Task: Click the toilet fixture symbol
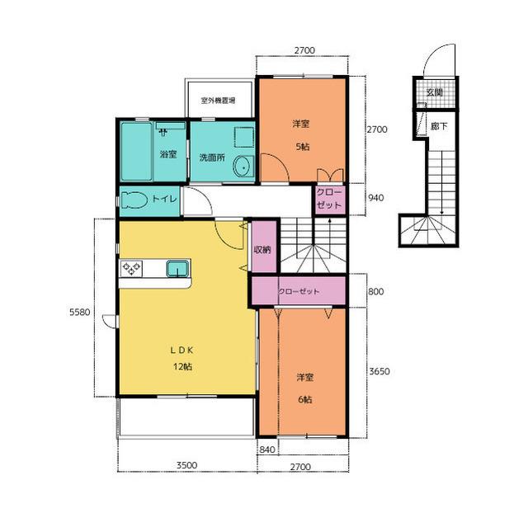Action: pyautogui.click(x=134, y=200)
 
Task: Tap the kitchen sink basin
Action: pyautogui.click(x=178, y=268)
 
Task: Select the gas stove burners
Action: pyautogui.click(x=131, y=268)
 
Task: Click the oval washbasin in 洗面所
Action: pyautogui.click(x=243, y=167)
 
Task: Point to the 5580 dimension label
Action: pyautogui.click(x=80, y=313)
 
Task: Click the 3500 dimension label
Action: pyautogui.click(x=187, y=465)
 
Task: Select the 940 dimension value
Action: pyautogui.click(x=375, y=198)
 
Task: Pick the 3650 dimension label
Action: pyautogui.click(x=379, y=371)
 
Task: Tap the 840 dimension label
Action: pyautogui.click(x=267, y=449)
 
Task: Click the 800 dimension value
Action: pyautogui.click(x=375, y=291)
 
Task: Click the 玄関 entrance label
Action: pyautogui.click(x=435, y=92)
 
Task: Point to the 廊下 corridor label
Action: pyautogui.click(x=439, y=126)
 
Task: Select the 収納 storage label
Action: pyautogui.click(x=262, y=249)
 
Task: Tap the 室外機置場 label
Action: pyautogui.click(x=218, y=101)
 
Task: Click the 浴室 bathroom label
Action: pyautogui.click(x=168, y=154)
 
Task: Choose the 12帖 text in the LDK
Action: pyautogui.click(x=183, y=366)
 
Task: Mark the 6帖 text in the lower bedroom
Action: pyautogui.click(x=304, y=399)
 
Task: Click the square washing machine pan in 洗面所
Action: pyautogui.click(x=244, y=137)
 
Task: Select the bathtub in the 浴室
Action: pyautogui.click(x=136, y=152)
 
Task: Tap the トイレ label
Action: pyautogui.click(x=164, y=199)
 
